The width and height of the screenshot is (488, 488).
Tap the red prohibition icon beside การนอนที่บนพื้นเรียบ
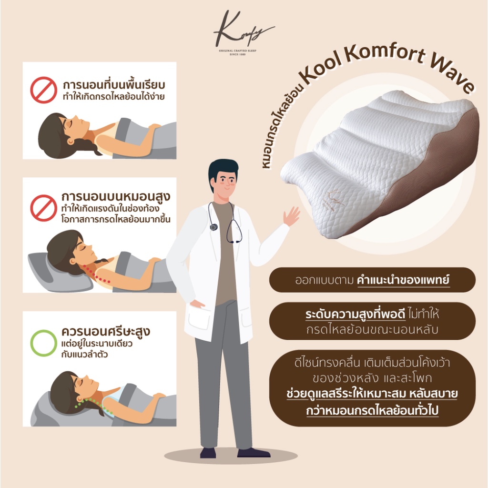click(x=43, y=90)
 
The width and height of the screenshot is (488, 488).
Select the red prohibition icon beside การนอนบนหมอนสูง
click(x=43, y=208)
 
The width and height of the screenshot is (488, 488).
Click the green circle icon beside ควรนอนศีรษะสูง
click(x=43, y=343)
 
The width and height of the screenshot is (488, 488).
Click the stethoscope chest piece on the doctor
click(x=213, y=227)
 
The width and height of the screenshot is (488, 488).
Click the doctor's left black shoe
click(x=208, y=453)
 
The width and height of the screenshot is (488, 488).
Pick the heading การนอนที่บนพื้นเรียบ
click(x=114, y=85)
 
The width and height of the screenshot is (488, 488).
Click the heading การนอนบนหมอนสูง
click(x=116, y=197)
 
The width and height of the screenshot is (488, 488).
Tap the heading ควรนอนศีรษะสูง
click(x=106, y=332)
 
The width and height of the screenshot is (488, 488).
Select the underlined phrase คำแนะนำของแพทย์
click(x=404, y=280)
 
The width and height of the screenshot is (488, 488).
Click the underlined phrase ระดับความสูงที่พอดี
click(x=355, y=315)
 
